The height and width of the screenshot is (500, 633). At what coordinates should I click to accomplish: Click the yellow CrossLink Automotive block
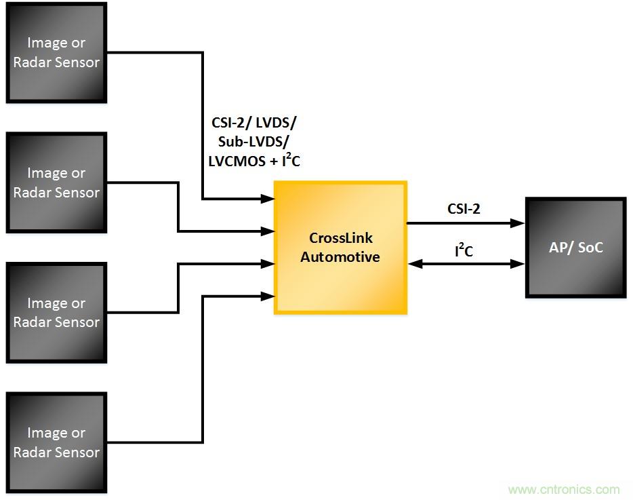click(x=340, y=248)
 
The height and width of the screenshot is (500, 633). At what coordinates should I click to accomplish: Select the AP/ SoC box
click(x=575, y=248)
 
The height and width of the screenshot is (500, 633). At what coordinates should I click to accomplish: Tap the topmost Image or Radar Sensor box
click(x=56, y=53)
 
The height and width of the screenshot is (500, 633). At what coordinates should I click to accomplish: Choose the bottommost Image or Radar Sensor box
click(x=56, y=443)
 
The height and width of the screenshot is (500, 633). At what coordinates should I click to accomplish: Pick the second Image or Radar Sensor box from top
click(x=56, y=183)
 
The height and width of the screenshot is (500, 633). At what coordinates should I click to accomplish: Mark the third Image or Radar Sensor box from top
click(x=56, y=313)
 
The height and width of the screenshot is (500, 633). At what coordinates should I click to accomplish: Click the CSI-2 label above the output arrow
click(x=464, y=209)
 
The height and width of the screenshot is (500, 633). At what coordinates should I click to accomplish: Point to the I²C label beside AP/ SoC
click(x=464, y=252)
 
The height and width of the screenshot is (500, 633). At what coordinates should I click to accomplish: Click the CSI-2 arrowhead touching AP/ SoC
click(x=518, y=223)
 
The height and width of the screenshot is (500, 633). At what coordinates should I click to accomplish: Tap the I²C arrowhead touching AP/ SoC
click(x=518, y=264)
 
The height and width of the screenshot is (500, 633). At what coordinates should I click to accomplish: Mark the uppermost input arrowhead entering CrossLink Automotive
click(x=268, y=199)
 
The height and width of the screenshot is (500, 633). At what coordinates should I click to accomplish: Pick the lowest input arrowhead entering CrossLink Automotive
click(x=268, y=295)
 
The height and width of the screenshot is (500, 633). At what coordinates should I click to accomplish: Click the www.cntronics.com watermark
click(x=563, y=489)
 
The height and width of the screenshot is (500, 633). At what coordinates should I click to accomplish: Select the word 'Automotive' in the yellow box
click(x=340, y=257)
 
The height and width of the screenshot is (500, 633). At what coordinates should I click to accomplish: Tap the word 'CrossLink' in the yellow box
click(x=341, y=239)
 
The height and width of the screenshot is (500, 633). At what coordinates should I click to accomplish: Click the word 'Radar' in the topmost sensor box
click(x=32, y=62)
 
